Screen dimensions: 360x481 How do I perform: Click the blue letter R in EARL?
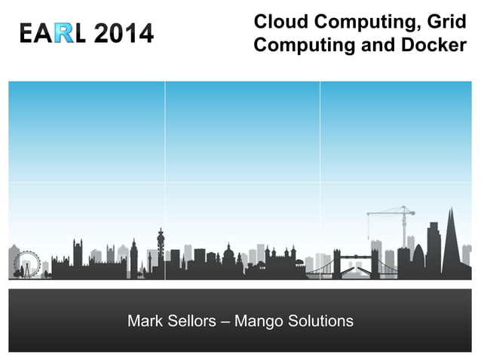coord(66,33)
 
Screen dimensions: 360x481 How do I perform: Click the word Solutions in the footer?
coord(322,322)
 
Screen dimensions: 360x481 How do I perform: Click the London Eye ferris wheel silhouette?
coord(27,264)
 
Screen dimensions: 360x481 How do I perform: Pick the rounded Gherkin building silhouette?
coord(418,259)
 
